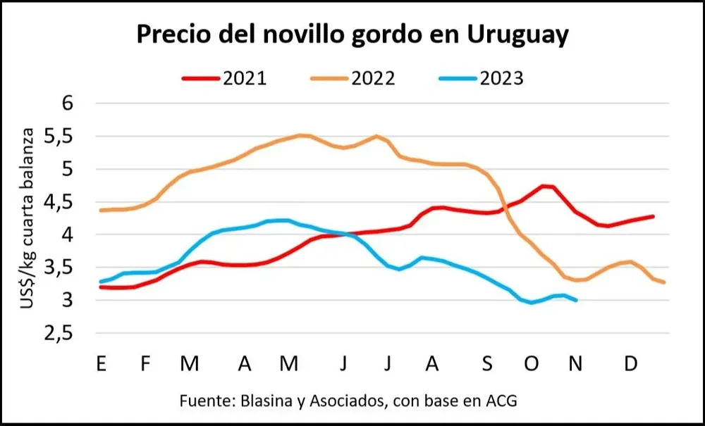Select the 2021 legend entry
(x=225, y=77)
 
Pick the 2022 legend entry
(x=353, y=77)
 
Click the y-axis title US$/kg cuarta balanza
(x=29, y=218)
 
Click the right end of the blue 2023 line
(x=577, y=300)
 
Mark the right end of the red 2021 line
(x=653, y=216)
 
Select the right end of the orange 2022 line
(x=664, y=282)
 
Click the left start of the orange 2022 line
(x=102, y=210)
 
